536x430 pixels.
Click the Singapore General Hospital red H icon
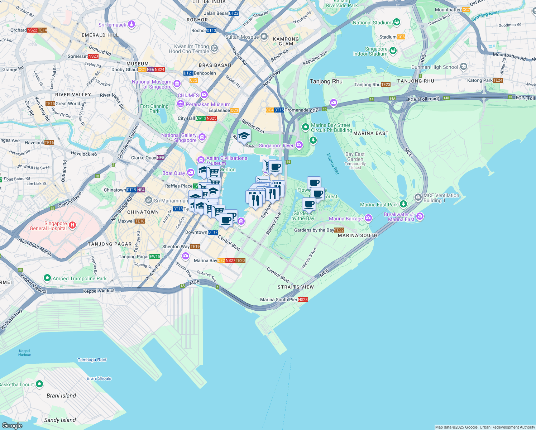[x=72, y=225]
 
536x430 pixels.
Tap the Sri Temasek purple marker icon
[x=131, y=24]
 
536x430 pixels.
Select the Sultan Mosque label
[x=242, y=37]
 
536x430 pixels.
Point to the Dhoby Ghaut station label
[x=124, y=70]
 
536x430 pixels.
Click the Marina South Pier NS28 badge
[x=303, y=300]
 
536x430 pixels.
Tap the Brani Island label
[x=61, y=396]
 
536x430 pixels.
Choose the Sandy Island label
[x=60, y=420]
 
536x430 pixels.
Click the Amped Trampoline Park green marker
[x=47, y=278]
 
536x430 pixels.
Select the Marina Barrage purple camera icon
[x=368, y=218]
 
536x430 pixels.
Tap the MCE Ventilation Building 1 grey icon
[x=418, y=197]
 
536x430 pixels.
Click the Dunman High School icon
[x=464, y=67]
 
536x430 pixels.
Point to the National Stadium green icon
[x=396, y=22]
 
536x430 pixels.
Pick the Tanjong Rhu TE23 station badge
[x=386, y=85]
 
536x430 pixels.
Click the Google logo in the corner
[x=12, y=425]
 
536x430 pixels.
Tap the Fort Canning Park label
[x=154, y=109]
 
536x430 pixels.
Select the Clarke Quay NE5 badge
[x=161, y=158]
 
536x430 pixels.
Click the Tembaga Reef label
[x=92, y=360]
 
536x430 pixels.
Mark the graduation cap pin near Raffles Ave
[x=244, y=136]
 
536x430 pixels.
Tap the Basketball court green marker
[x=39, y=384]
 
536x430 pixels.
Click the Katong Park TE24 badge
[x=498, y=80]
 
